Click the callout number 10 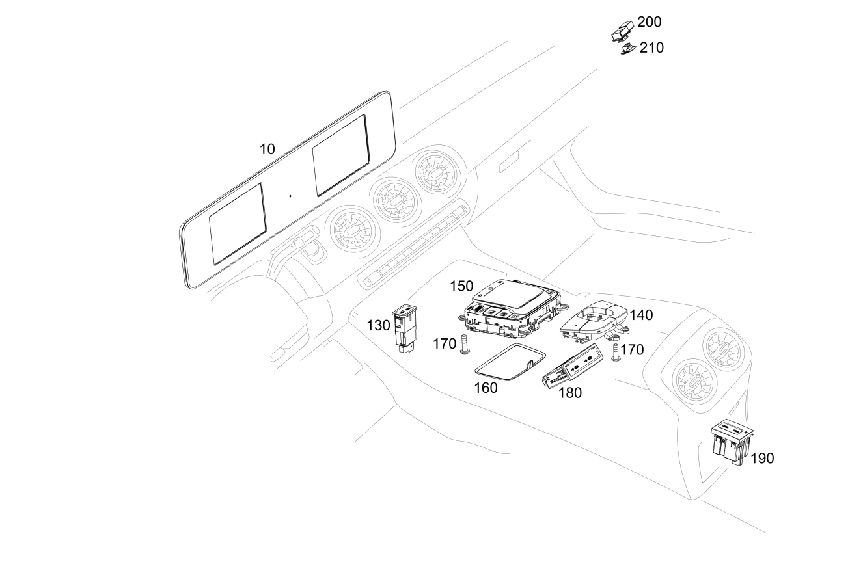coord(267,149)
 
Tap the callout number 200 coord(649,22)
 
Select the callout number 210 coord(651,47)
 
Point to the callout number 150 coord(461,286)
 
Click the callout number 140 coord(641,315)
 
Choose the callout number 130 coord(378,326)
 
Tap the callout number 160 coord(486,388)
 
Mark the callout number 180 coord(570,393)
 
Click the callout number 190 coord(762,459)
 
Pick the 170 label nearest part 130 coord(445,343)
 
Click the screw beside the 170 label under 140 coord(616,353)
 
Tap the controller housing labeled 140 coord(594,321)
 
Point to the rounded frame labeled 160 coord(510,362)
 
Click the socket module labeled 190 coord(732,441)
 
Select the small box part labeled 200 coord(623,31)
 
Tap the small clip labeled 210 coord(627,49)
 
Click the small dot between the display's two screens coord(290,196)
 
